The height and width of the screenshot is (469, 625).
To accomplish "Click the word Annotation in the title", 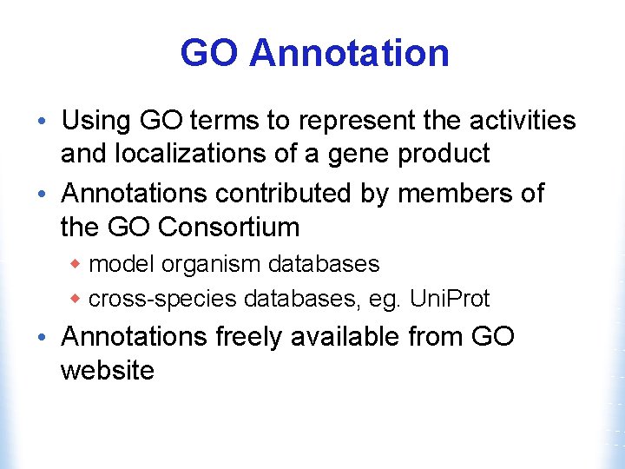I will coord(349,54).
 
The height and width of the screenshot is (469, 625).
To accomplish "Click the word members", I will coord(454,193).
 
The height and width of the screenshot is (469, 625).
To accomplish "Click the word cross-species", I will coord(162,300).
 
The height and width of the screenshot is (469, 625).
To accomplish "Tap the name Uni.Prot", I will coord(450,299).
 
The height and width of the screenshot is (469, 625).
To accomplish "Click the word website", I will coord(107,371).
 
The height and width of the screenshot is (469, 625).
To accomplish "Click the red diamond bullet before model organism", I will coord(76,263).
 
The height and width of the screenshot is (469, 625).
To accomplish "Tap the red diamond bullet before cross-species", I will coord(76,299).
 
